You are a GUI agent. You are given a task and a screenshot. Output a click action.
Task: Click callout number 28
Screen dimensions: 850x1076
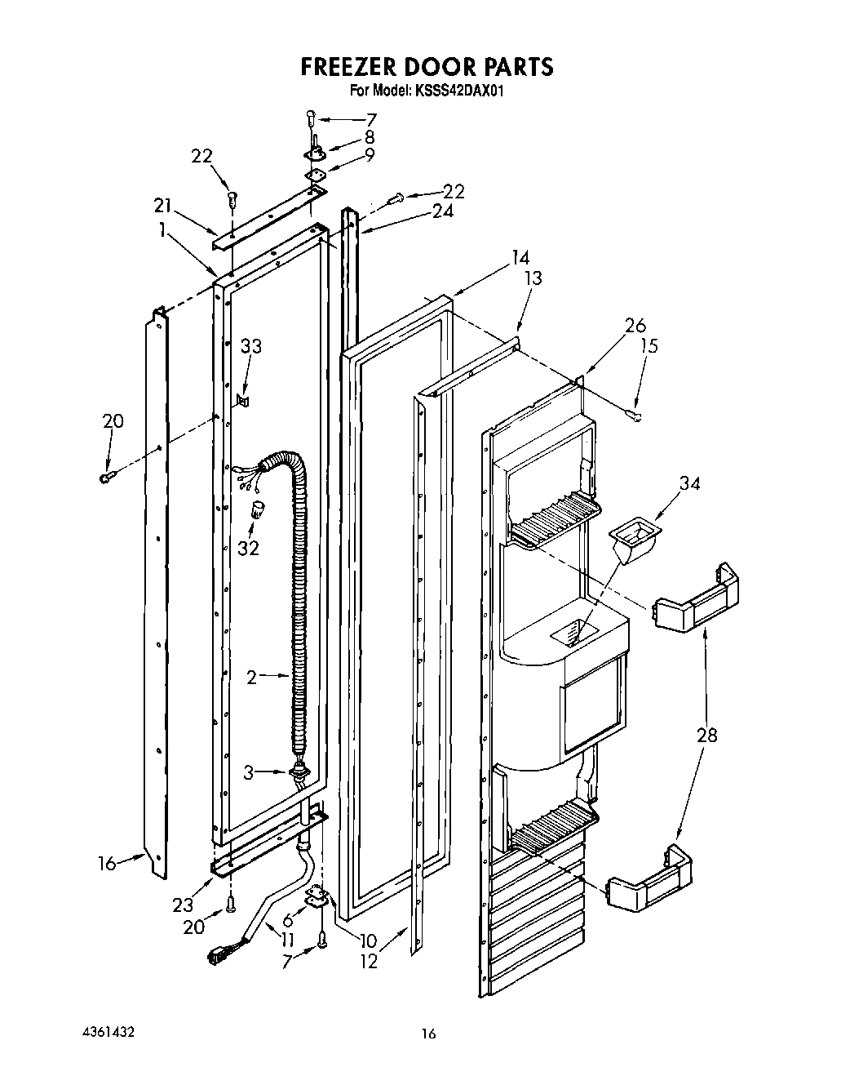coord(707,735)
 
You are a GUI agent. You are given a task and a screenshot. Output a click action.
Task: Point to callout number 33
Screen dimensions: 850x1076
coord(250,346)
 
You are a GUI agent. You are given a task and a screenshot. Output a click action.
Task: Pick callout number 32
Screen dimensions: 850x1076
coord(248,549)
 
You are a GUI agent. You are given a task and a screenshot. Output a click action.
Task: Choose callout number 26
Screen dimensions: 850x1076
coord(635,325)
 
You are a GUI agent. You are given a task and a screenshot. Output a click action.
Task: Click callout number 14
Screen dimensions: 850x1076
coord(520,259)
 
